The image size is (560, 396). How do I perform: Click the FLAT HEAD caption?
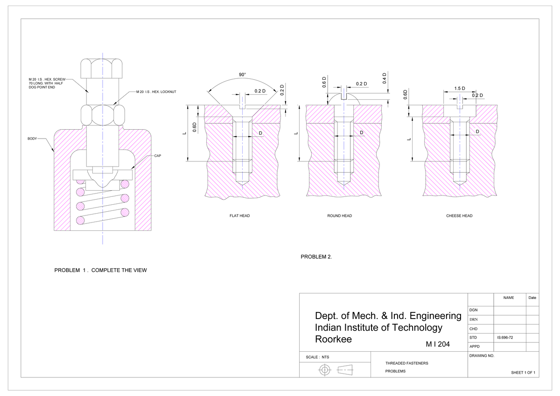tap(239, 216)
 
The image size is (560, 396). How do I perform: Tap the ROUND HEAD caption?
tap(340, 216)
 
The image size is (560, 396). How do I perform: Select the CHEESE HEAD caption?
tap(459, 216)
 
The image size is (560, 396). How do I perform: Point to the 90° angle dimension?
tap(242, 75)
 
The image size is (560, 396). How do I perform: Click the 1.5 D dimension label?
tap(460, 89)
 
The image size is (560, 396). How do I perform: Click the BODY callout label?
tap(32, 139)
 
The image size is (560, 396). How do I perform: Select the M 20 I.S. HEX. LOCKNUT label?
tap(155, 92)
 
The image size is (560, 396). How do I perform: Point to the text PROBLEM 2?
tap(316, 257)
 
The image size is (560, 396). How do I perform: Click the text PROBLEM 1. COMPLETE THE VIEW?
tap(100, 270)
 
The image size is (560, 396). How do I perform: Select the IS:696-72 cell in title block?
tap(505, 336)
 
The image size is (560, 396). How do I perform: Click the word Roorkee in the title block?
tap(333, 339)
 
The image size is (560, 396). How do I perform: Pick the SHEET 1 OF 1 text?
tap(523, 373)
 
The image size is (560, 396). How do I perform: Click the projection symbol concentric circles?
tap(325, 370)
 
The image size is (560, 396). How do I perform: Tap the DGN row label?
tap(473, 310)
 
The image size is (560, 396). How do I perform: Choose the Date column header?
tap(532, 298)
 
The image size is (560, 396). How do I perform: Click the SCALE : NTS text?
tap(317, 357)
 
